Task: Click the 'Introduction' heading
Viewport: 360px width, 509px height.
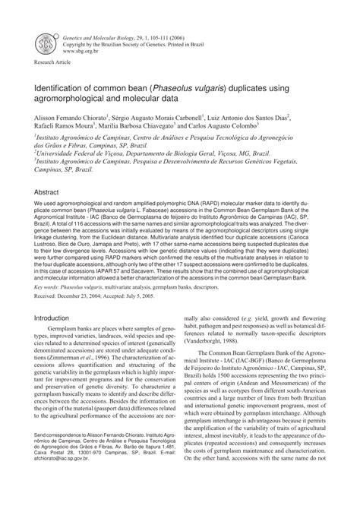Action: (x=52, y=318)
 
